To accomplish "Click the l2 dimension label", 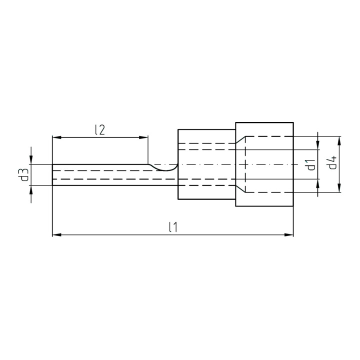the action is click(100, 130).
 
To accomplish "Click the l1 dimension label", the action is click(172, 227).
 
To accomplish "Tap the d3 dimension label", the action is click(24, 174).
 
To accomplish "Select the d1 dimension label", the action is click(311, 165).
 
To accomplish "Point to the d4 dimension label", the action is click(332, 162).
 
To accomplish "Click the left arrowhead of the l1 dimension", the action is click(57, 234).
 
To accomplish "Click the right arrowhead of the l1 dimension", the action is click(289, 234).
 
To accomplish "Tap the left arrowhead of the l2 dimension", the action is click(57, 137).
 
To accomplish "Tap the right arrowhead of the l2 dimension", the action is click(143, 137).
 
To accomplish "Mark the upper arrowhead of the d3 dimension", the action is click(31, 160).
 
